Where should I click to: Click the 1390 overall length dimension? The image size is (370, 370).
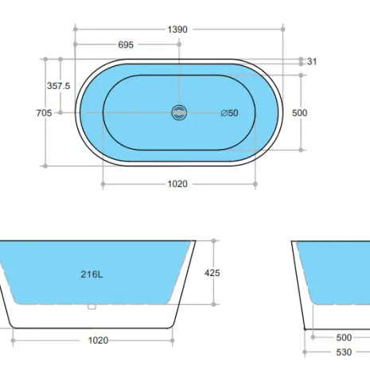click(x=177, y=29)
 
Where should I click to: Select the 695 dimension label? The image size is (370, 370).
click(x=126, y=45)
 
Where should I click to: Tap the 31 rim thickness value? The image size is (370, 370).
click(x=312, y=61)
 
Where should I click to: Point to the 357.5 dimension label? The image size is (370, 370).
click(x=59, y=86)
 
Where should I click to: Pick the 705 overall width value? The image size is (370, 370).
click(x=44, y=113)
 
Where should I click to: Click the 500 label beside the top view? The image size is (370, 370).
click(x=299, y=113)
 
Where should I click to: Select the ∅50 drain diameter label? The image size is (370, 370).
click(x=228, y=113)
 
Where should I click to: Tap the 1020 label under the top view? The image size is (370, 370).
click(x=177, y=184)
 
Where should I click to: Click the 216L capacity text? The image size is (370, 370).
click(x=92, y=275)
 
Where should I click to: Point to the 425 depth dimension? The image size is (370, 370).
click(x=212, y=273)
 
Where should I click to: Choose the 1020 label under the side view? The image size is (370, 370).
click(x=98, y=341)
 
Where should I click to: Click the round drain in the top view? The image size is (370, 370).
click(x=178, y=112)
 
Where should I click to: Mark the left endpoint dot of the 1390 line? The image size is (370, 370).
click(x=75, y=29)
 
